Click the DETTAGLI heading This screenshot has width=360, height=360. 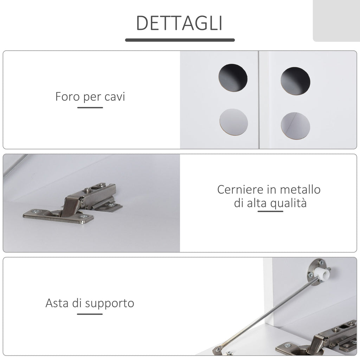point(179,23)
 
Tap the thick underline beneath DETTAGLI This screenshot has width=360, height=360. point(180,40)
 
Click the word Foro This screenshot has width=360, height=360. point(67,96)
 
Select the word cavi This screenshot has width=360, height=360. point(115,97)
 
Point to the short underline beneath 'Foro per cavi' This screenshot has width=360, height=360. point(90,108)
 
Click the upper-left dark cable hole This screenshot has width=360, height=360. point(233,78)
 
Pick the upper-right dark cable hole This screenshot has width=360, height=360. point(295,81)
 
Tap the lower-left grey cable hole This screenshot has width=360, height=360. point(234,122)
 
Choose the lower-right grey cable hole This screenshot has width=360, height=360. point(295,126)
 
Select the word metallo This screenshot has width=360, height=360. point(300,189)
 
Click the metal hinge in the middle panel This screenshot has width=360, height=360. point(73,203)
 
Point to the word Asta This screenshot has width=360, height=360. point(57,303)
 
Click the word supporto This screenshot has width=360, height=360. point(110,304)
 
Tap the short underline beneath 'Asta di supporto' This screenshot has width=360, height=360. point(90,314)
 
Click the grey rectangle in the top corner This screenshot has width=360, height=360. point(336,21)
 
